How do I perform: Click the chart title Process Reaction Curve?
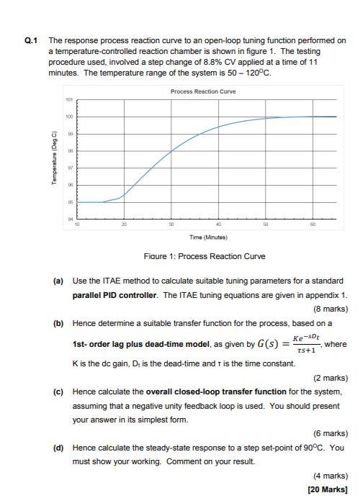(x=203, y=91)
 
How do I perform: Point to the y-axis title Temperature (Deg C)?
(x=55, y=159)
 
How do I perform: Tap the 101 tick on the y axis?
(x=69, y=99)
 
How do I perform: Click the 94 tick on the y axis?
(x=69, y=219)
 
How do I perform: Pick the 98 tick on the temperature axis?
(x=69, y=151)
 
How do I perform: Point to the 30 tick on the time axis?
(x=171, y=225)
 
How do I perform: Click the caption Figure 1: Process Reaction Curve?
(x=205, y=256)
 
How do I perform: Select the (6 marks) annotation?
(x=327, y=433)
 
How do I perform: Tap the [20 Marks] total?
(x=328, y=489)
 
